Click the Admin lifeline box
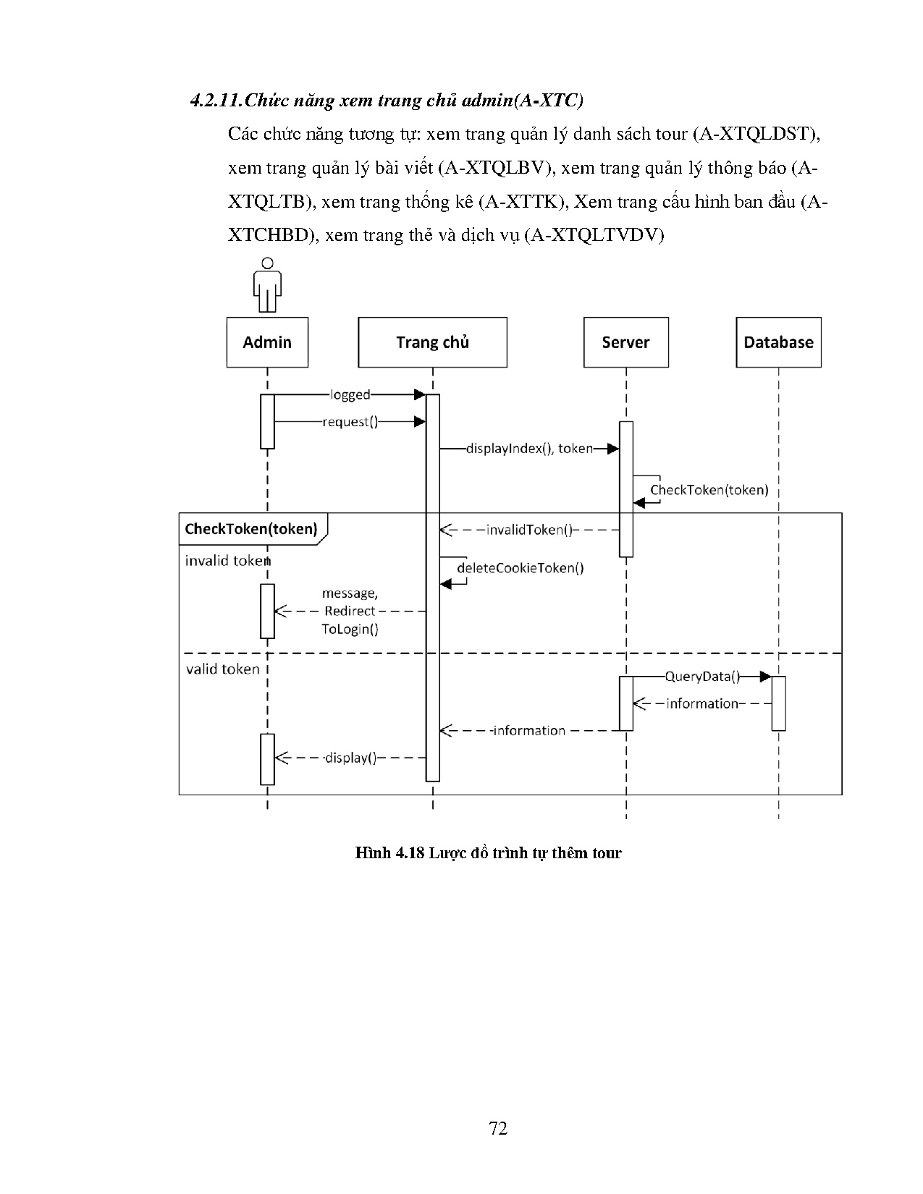267,342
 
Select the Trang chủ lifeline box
432,342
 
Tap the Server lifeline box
625,342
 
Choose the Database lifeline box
778,342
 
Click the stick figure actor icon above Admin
267,284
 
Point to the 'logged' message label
350,394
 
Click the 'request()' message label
350,422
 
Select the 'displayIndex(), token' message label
529,449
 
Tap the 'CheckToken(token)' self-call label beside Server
709,490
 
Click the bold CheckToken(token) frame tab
251,528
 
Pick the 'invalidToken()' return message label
529,530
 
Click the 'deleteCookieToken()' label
520,568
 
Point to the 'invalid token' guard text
227,561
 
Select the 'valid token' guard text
222,669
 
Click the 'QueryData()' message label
701,677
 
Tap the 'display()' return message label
350,758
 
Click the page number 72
498,1128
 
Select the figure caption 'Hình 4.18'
389,853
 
